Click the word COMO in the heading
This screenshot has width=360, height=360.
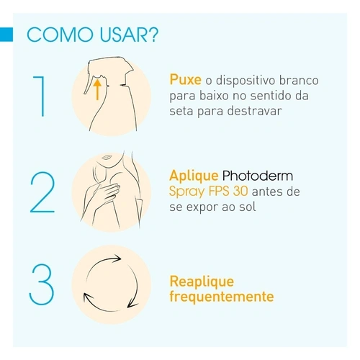[x=60, y=35]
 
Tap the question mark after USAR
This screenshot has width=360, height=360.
[x=153, y=35]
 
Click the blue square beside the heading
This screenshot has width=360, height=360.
[x=6, y=35]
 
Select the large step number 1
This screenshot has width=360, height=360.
[x=40, y=96]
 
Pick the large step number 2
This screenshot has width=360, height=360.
[x=42, y=192]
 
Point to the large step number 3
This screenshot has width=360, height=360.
[x=42, y=284]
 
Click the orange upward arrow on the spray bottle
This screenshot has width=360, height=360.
[x=97, y=89]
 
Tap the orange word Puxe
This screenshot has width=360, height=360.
[x=185, y=80]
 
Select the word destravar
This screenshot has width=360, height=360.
[x=254, y=111]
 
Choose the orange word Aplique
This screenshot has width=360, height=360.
[x=194, y=176]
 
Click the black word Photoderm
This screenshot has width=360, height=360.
[x=258, y=176]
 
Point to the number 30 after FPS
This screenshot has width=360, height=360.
[x=240, y=192]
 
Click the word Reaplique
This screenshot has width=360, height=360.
[x=202, y=282]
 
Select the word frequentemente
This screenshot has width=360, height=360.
[x=222, y=297]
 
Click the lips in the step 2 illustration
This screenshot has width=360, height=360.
[x=106, y=158]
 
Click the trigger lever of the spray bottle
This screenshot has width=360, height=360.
[x=89, y=84]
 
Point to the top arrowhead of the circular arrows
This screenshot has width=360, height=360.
[x=117, y=258]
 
